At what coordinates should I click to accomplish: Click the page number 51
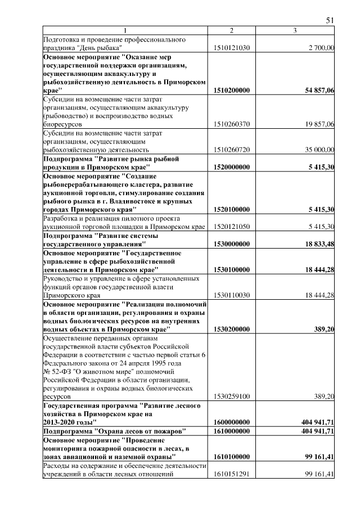pos(330,20)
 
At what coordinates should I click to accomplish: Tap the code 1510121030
pos(232,49)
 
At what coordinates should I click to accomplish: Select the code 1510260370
pos(232,124)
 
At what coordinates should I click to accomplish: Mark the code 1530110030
pos(232,295)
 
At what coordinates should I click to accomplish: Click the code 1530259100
pos(232,397)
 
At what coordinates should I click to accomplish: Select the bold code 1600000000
pos(232,421)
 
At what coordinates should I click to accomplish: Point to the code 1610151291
pos(232,474)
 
